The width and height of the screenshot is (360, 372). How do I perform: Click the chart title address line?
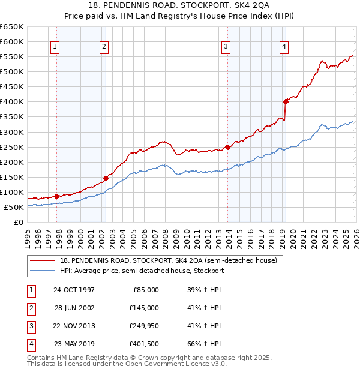(x=179, y=5)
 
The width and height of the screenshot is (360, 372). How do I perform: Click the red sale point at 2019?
(x=286, y=101)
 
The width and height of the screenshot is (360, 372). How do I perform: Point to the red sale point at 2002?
(x=106, y=178)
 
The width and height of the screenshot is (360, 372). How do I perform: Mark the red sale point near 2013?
(x=228, y=147)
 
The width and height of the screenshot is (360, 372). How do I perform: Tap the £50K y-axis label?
(x=14, y=207)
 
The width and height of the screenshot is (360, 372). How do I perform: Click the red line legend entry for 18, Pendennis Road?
(x=168, y=261)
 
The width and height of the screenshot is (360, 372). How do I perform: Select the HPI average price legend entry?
(x=142, y=271)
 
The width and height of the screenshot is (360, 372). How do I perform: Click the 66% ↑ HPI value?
(x=204, y=344)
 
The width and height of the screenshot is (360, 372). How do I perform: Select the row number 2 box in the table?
(x=29, y=308)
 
